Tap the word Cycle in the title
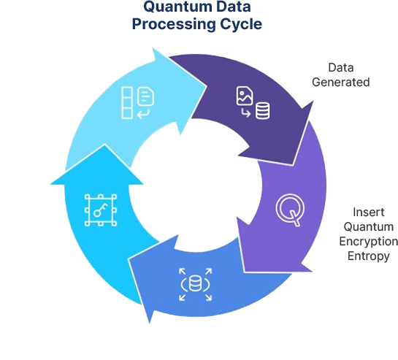pos(241,24)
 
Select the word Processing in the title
pos(174,25)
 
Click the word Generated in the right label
pos(340,83)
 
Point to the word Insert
pos(369,212)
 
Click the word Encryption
pos(369,242)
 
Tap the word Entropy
pos(369,256)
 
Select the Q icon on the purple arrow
pos(290,210)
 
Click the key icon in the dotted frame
pos(101,210)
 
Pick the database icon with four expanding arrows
pos(195,284)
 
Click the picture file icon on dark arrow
pos(245,96)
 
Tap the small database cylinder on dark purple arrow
pos(263,110)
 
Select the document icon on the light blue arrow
pos(145,96)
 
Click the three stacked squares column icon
pos(127,102)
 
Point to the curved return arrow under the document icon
pos(143,114)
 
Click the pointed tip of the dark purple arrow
pos(293,165)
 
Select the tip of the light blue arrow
pos(206,86)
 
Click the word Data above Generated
pos(341,67)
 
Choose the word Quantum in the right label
pos(369,226)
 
